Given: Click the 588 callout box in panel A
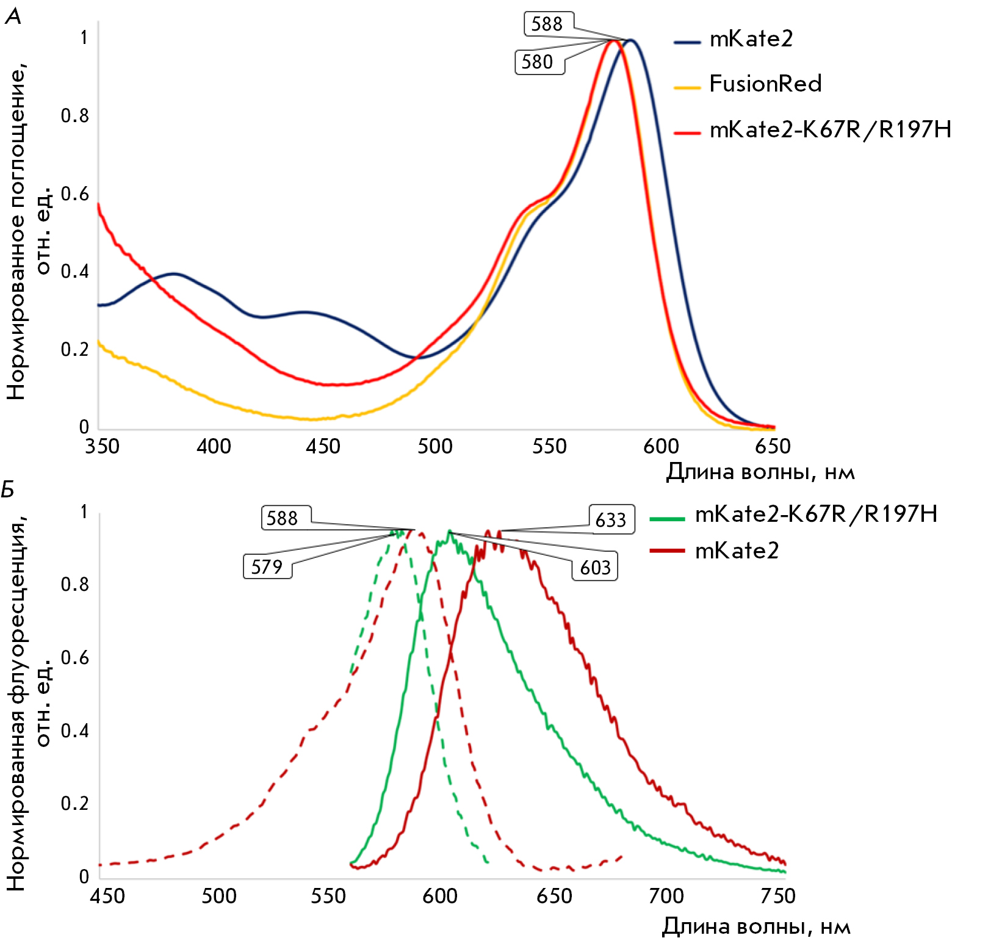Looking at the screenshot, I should tap(549, 24).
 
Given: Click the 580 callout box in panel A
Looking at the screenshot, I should tap(539, 62).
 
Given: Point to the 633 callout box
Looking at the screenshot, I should tap(611, 519).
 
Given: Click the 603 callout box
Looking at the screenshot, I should tap(595, 567).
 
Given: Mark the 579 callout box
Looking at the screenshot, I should tap(267, 566).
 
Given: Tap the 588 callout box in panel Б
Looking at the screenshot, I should tap(286, 518).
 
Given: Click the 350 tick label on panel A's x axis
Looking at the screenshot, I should tap(103, 446).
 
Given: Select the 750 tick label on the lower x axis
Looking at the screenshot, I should tap(777, 896).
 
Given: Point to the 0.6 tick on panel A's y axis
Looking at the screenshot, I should tap(75, 194).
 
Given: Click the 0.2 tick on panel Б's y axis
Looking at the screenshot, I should tap(75, 803).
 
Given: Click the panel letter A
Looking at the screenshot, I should tap(13, 16).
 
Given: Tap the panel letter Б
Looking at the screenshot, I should tap(8, 489).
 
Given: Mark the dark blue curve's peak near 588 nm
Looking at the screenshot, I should tap(632, 40).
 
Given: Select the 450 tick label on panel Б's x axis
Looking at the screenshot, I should tap(107, 896).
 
